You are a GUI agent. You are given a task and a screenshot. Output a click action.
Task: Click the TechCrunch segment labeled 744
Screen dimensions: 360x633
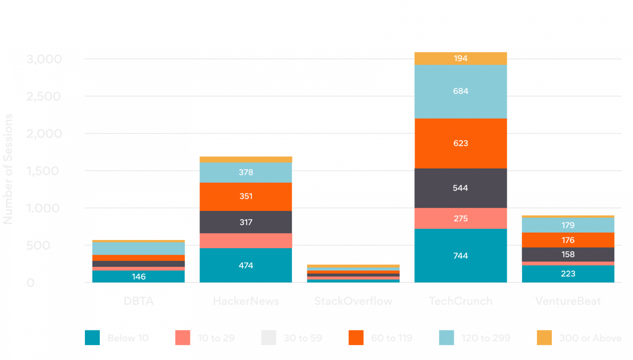click(460, 255)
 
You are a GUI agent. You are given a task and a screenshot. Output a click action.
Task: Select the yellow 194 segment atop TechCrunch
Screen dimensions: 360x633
click(460, 58)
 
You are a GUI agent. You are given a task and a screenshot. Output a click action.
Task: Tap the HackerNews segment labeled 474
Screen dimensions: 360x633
click(246, 265)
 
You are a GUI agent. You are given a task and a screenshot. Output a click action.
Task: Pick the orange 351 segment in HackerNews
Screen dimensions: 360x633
click(246, 196)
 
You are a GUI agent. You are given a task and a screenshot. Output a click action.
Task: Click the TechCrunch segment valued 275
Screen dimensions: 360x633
click(460, 218)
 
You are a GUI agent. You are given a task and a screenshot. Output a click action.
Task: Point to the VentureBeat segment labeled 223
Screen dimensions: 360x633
click(567, 273)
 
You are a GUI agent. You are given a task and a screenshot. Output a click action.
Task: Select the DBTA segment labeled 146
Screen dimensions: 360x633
click(138, 276)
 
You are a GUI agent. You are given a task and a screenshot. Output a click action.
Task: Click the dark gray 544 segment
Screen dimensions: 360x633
click(460, 188)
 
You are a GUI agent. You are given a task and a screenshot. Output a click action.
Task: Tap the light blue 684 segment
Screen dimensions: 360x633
click(460, 91)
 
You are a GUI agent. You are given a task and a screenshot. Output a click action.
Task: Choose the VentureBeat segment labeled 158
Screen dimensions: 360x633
click(567, 254)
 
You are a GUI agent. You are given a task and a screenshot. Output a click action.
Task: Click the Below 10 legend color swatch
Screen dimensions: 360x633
click(92, 337)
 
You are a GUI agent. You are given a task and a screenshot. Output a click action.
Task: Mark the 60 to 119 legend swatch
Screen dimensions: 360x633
click(356, 337)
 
